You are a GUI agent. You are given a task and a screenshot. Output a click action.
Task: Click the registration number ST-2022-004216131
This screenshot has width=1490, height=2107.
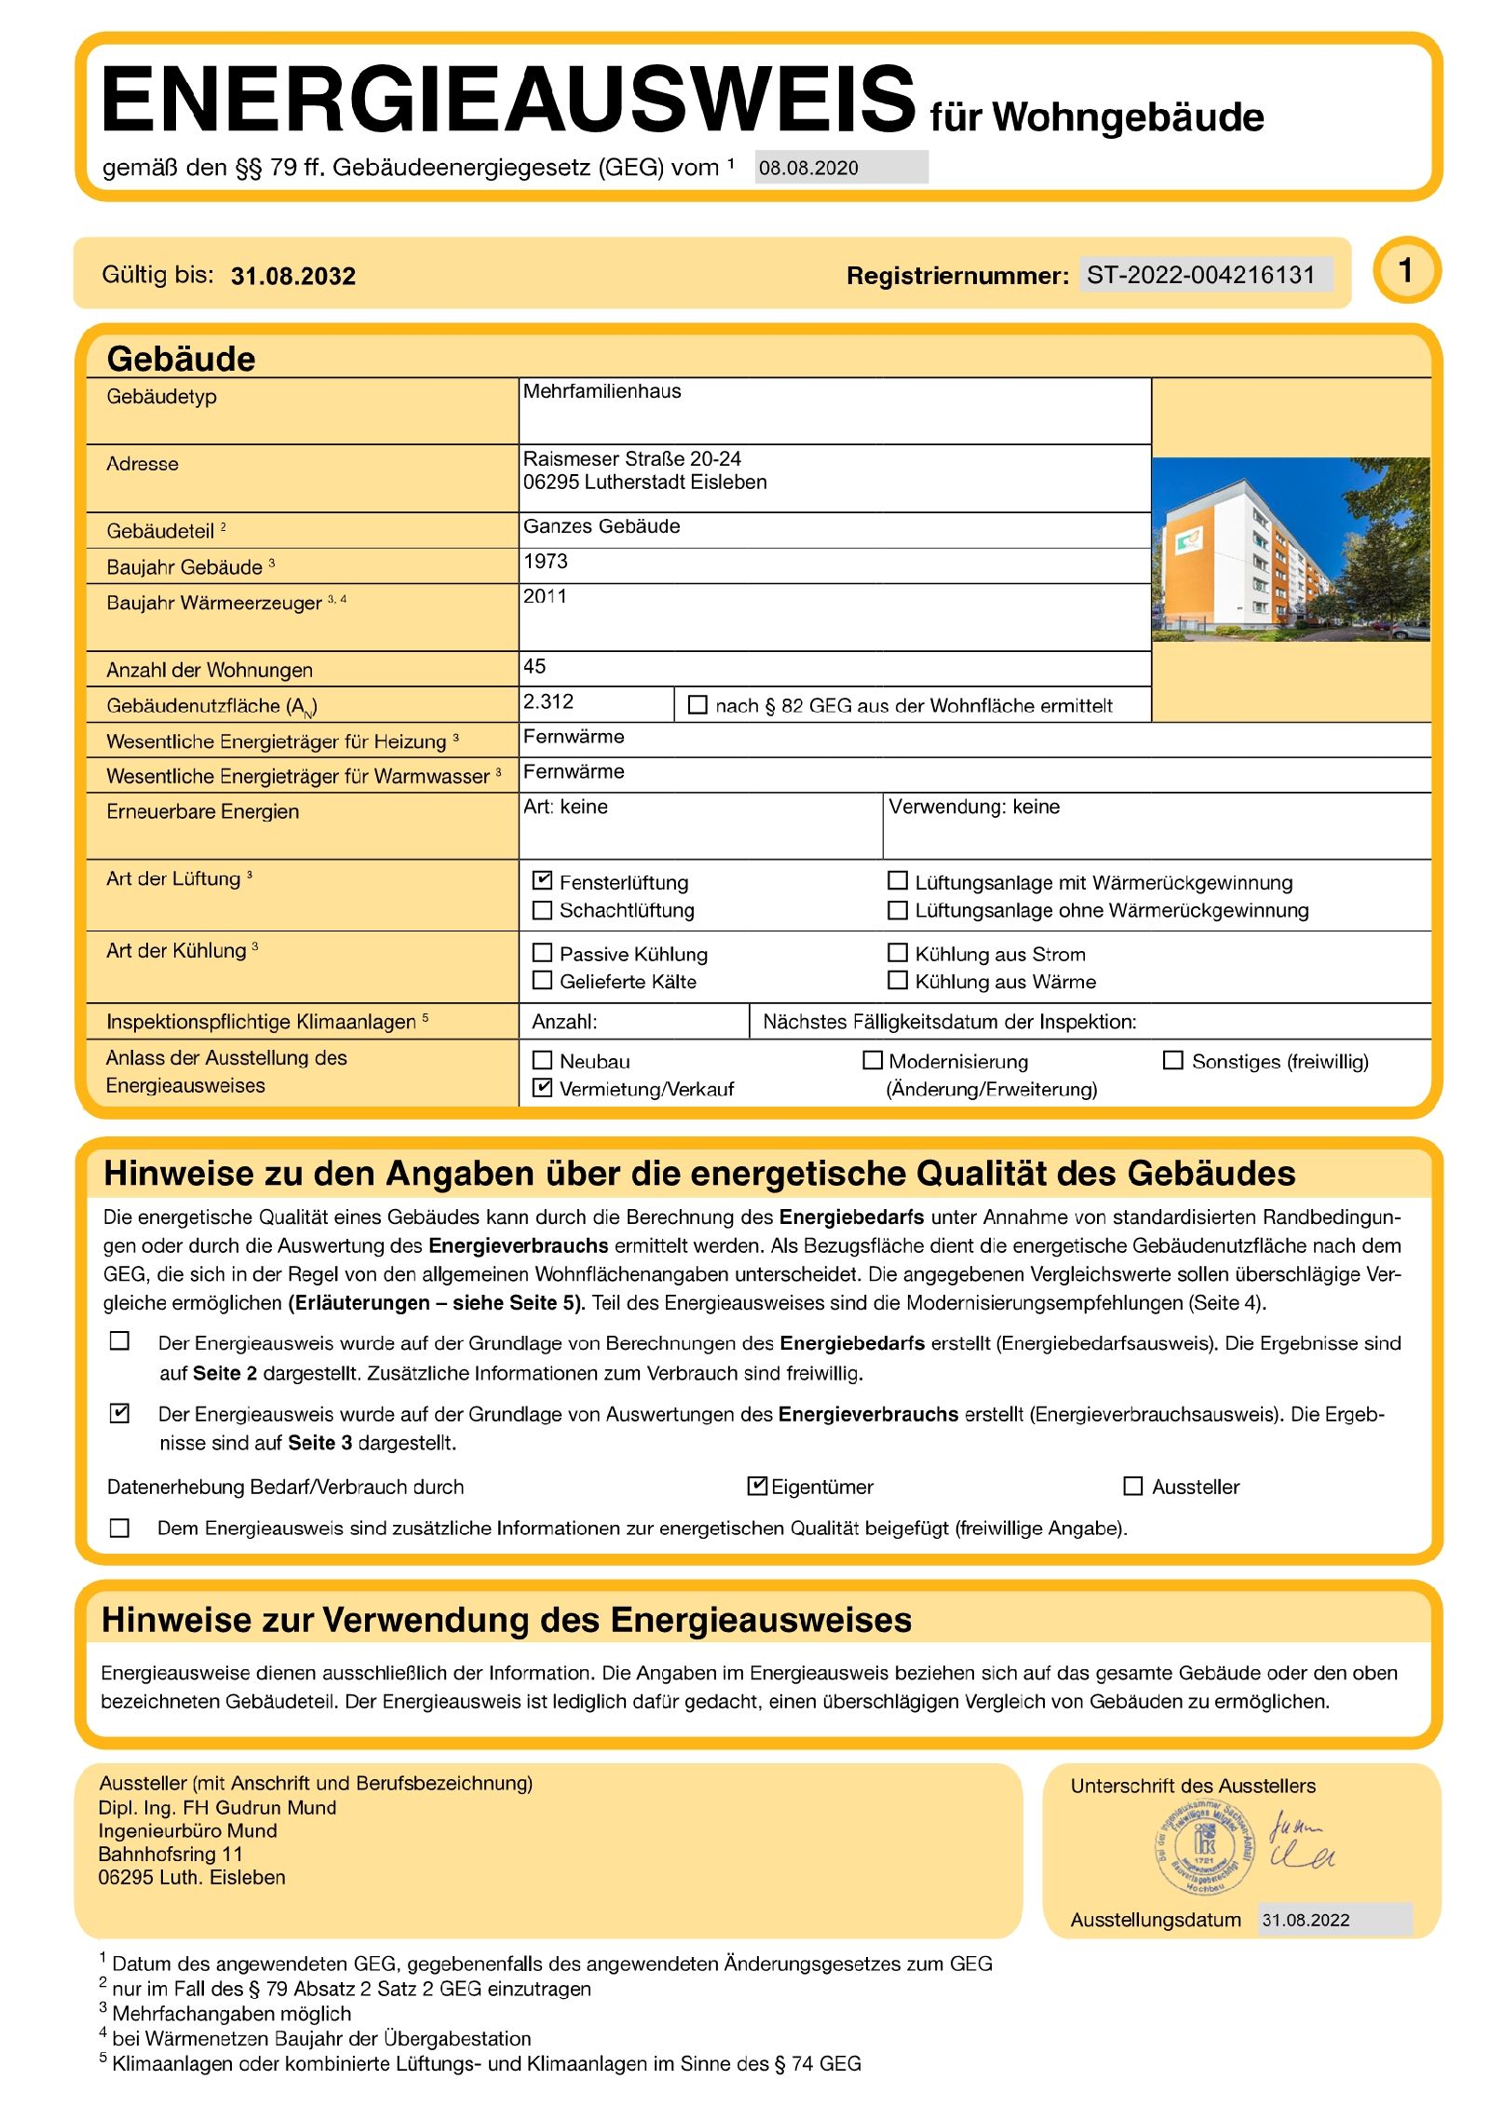pyautogui.click(x=1200, y=275)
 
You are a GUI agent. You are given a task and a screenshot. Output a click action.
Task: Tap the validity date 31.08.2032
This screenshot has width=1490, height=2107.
pyautogui.click(x=293, y=276)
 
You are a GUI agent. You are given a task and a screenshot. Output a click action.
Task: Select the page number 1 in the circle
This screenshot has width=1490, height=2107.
pyautogui.click(x=1406, y=271)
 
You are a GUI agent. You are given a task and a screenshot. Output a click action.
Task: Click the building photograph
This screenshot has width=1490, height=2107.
pyautogui.click(x=1290, y=549)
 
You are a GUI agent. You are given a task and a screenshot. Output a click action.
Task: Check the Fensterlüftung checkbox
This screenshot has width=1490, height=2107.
pyautogui.click(x=542, y=880)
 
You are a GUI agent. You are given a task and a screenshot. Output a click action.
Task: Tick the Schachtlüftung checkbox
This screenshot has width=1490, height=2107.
pyautogui.click(x=542, y=909)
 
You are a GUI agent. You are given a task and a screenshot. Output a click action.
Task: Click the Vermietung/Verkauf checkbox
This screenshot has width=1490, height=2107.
pyautogui.click(x=542, y=1087)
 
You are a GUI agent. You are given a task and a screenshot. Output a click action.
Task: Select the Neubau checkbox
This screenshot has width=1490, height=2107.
pyautogui.click(x=542, y=1060)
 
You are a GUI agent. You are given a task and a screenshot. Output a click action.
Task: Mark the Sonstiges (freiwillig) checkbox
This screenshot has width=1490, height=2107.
pyautogui.click(x=1173, y=1060)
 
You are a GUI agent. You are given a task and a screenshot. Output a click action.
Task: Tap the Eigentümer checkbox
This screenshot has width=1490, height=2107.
pyautogui.click(x=757, y=1486)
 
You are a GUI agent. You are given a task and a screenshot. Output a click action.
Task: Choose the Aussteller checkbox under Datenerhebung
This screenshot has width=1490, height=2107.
pyautogui.click(x=1133, y=1486)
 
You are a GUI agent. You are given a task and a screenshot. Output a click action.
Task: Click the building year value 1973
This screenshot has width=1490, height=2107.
pyautogui.click(x=546, y=562)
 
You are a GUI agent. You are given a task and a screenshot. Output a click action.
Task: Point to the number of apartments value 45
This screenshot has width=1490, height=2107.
pyautogui.click(x=535, y=667)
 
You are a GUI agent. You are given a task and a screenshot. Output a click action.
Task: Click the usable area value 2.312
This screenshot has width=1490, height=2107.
pyautogui.click(x=549, y=702)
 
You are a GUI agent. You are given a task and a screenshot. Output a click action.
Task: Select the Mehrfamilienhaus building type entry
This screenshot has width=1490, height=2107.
pyautogui.click(x=603, y=391)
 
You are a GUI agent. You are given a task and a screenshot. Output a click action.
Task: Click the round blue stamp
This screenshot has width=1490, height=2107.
pyautogui.click(x=1203, y=1848)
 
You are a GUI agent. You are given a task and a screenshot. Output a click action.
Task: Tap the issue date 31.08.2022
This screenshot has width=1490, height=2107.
pyautogui.click(x=1306, y=1920)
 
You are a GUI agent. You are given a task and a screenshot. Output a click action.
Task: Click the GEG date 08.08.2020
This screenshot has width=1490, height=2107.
pyautogui.click(x=808, y=169)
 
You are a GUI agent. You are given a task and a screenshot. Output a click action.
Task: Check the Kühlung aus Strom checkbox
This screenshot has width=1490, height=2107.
pyautogui.click(x=898, y=952)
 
